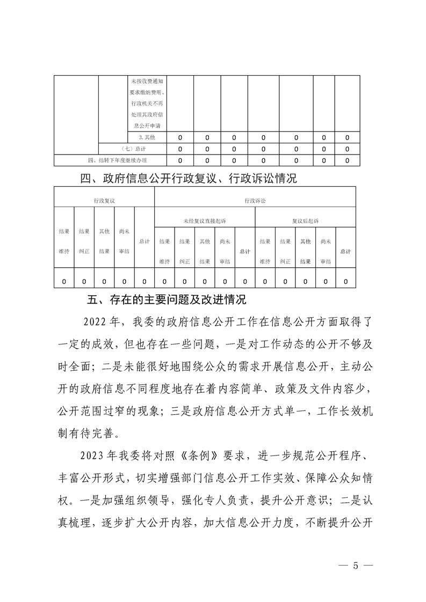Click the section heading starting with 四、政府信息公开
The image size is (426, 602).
tap(188, 179)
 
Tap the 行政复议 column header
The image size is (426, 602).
tap(104, 200)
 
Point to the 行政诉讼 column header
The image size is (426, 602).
tap(255, 200)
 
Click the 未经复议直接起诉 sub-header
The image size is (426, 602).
tap(205, 221)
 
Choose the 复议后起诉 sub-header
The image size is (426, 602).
tap(305, 221)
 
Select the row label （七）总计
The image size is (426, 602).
tap(132, 149)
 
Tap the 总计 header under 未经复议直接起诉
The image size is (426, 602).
tap(245, 251)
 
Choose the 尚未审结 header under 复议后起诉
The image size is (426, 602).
tap(325, 251)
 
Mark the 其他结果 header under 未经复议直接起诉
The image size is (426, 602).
tap(205, 251)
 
